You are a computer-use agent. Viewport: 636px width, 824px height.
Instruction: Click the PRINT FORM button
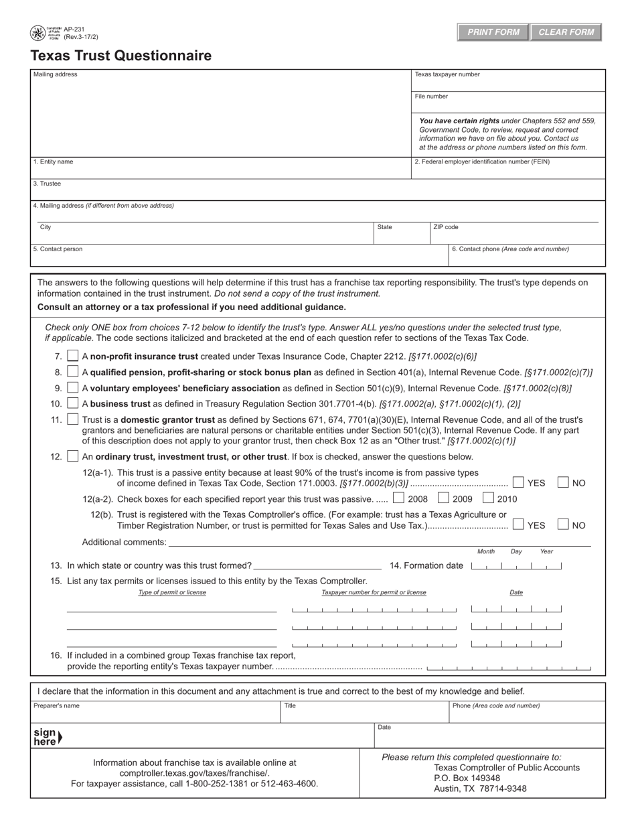(493, 32)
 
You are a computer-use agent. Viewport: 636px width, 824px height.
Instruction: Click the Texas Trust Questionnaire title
(121, 56)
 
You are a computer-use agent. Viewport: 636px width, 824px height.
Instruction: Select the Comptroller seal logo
(37, 33)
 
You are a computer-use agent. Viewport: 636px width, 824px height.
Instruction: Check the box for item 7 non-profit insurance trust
(74, 356)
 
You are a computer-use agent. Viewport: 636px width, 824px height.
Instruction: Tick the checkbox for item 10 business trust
(74, 403)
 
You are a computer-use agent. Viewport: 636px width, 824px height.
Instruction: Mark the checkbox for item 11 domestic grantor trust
(74, 419)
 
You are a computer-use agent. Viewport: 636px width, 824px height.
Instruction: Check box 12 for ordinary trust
(74, 456)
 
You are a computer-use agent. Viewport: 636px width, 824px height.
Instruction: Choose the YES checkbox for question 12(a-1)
(518, 482)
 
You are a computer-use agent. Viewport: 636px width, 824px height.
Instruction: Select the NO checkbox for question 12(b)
(564, 525)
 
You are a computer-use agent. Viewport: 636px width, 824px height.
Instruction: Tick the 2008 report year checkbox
(399, 498)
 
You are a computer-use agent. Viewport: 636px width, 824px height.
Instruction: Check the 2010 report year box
(489, 498)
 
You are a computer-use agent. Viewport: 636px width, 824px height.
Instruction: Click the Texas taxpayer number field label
(447, 74)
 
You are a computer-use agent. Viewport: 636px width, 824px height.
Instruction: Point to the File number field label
(432, 96)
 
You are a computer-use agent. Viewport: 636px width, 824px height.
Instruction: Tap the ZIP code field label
(446, 227)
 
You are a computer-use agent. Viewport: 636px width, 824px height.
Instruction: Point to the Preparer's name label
(56, 705)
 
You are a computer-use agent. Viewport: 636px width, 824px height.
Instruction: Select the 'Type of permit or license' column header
(172, 592)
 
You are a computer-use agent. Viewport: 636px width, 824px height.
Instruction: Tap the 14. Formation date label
(426, 565)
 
